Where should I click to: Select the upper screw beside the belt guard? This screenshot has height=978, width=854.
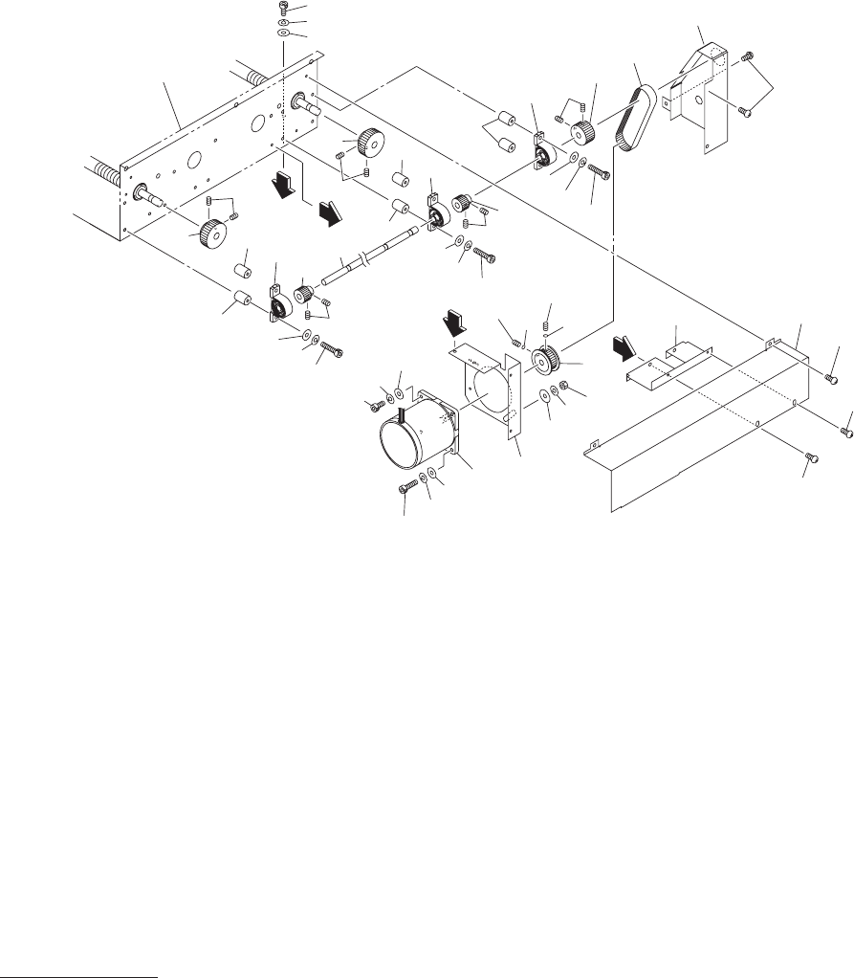tap(749, 59)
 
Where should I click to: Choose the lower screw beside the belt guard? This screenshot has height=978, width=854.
tap(748, 113)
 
